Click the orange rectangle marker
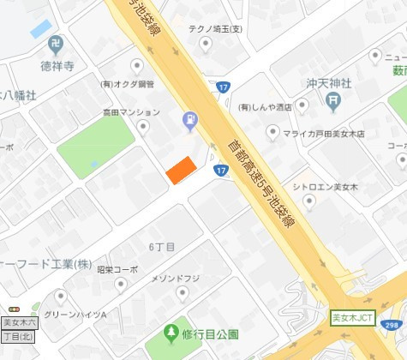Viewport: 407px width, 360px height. (x=181, y=170)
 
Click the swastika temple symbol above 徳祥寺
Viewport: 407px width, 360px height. (x=57, y=43)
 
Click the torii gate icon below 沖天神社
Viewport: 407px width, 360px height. (x=333, y=100)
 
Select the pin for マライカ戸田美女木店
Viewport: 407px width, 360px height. (x=272, y=133)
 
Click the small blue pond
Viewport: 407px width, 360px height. (x=40, y=28)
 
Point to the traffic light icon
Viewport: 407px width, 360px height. (x=13, y=309)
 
